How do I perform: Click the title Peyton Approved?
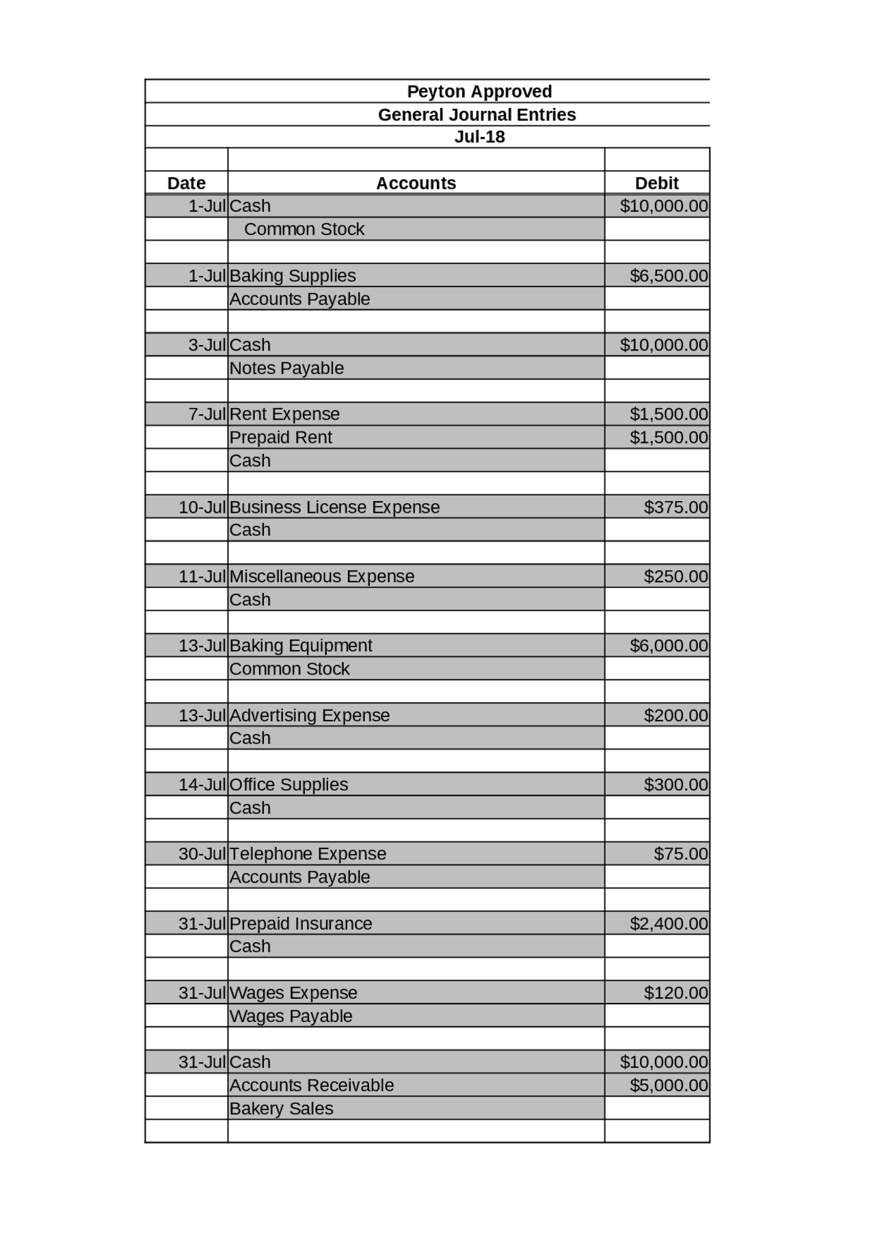pos(479,92)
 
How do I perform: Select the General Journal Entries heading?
pos(476,115)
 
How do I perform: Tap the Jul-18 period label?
pos(479,137)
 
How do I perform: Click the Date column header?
pos(186,183)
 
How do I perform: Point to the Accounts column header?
pos(416,183)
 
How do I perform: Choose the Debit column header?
pos(656,183)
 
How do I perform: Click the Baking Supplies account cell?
pos(293,275)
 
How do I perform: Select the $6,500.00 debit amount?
pos(669,275)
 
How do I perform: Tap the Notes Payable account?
pos(286,368)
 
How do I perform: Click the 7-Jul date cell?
pos(206,414)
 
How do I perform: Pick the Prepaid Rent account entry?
pos(280,438)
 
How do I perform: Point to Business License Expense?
pos(334,507)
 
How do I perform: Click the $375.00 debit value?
pos(675,507)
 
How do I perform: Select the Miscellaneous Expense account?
pos(321,576)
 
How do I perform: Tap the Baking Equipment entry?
pos(301,645)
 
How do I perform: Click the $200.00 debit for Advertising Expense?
pos(675,715)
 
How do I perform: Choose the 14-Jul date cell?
pos(202,784)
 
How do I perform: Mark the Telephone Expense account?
pos(308,854)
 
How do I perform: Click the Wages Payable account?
pos(291,1016)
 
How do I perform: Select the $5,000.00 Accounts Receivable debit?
pos(669,1085)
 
